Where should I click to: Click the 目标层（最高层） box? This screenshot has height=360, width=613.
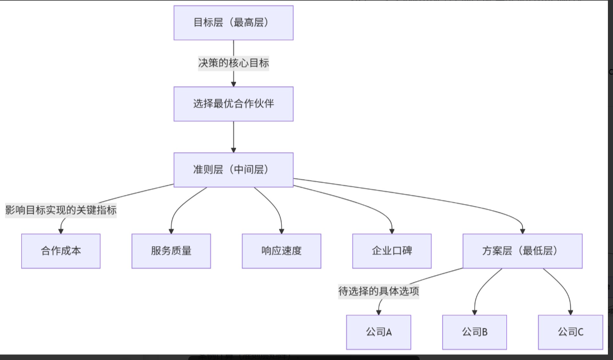tap(233, 23)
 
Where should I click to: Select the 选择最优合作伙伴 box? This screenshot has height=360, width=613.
tap(233, 104)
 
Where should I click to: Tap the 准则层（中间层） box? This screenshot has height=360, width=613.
tap(233, 170)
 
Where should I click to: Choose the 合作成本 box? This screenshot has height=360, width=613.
tap(61, 251)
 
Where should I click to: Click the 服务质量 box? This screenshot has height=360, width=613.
tap(171, 251)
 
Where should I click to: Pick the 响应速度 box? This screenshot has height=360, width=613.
tap(282, 251)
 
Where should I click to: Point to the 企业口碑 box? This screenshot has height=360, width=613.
tap(392, 251)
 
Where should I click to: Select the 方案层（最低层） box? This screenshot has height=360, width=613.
tap(523, 251)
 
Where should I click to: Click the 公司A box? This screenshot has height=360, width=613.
tap(379, 332)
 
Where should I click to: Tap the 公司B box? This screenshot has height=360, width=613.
tap(474, 332)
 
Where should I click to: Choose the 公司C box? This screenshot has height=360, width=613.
tap(570, 332)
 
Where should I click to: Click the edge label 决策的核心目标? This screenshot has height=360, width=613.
tap(233, 63)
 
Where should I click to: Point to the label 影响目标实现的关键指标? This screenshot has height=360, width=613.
tap(61, 210)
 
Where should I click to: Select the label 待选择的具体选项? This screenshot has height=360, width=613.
tap(379, 291)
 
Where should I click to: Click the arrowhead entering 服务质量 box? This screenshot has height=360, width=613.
tap(171, 231)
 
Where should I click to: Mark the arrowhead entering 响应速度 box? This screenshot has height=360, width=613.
tap(282, 231)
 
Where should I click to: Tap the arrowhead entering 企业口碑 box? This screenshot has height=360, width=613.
tap(392, 231)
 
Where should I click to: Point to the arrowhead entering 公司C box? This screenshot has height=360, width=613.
tap(570, 312)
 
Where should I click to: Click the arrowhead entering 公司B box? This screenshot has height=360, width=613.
tap(474, 312)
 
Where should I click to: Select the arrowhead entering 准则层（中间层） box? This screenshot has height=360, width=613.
tap(233, 149)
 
